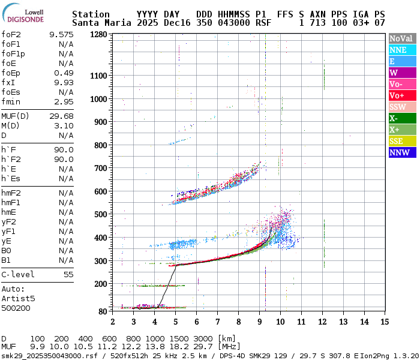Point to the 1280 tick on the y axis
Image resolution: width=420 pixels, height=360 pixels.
[99, 35]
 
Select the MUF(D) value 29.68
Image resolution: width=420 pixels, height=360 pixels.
[62, 116]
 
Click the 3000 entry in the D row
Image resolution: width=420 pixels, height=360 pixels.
[204, 338]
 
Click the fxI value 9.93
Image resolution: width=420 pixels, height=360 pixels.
[64, 82]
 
